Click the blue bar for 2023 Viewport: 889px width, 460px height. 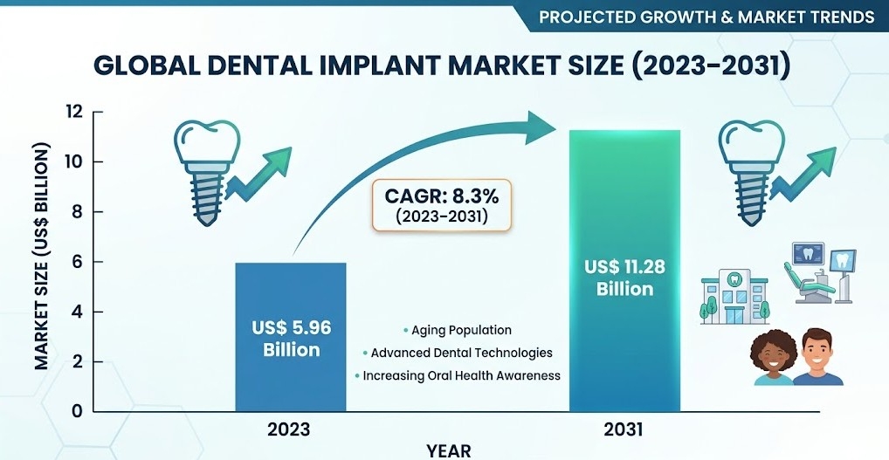click(x=290, y=337)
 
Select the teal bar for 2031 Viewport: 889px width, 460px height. click(x=624, y=271)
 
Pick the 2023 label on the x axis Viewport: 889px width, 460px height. click(x=289, y=429)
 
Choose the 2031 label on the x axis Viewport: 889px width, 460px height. click(x=624, y=429)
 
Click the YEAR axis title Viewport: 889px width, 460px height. click(x=449, y=450)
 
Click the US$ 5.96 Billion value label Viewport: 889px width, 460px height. click(x=290, y=339)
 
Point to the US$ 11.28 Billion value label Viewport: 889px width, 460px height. click(x=624, y=277)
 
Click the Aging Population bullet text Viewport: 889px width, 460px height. click(x=461, y=331)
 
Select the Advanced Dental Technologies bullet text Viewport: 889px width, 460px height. click(x=461, y=354)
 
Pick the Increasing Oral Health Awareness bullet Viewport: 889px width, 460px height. click(x=461, y=376)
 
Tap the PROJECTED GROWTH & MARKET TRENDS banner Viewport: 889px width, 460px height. click(x=706, y=17)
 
